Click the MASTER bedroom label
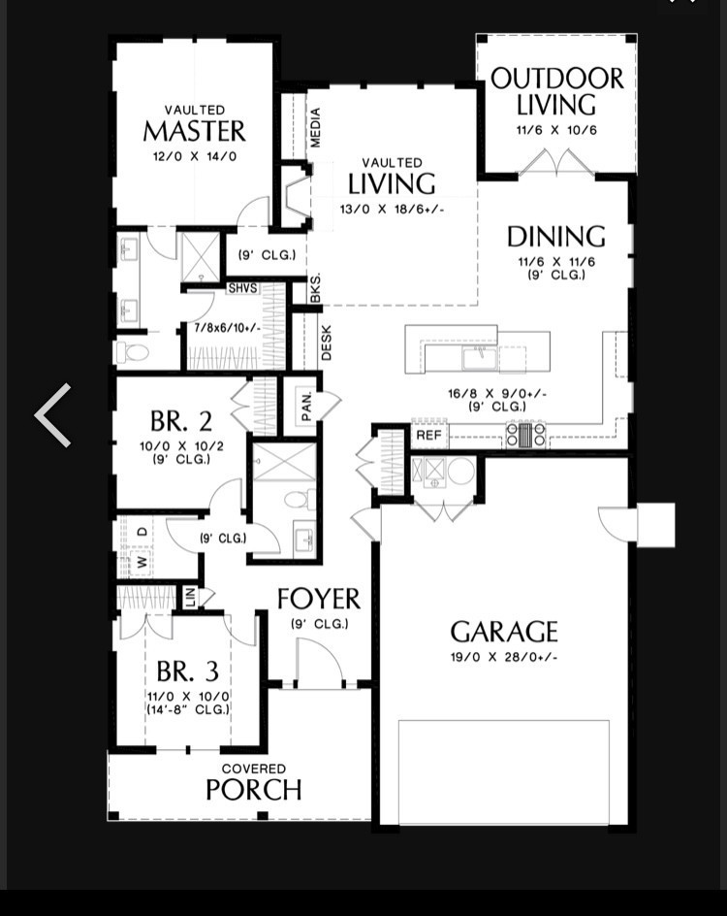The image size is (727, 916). tap(194, 131)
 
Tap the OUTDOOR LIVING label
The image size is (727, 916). tap(556, 92)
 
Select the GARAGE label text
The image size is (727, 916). tap(504, 633)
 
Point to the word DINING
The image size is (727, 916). tap(556, 237)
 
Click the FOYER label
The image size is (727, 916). tap(319, 600)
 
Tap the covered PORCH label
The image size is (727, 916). tap(253, 790)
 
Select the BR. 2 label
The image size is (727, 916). tap(181, 422)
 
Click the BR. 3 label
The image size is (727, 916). tap(187, 671)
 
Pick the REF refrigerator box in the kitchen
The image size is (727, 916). tap(428, 436)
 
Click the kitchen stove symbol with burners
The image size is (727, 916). tap(526, 435)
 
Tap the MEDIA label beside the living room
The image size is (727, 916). tap(316, 127)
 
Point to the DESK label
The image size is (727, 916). tap(326, 343)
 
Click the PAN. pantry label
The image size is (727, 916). tap(304, 408)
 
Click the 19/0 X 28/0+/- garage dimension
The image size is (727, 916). tap(504, 657)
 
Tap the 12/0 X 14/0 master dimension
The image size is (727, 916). tap(194, 155)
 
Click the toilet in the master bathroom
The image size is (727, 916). tap(130, 351)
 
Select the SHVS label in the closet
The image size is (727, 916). tap(242, 288)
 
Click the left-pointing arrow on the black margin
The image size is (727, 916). tap(53, 415)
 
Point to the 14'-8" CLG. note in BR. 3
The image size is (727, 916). tap(187, 709)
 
